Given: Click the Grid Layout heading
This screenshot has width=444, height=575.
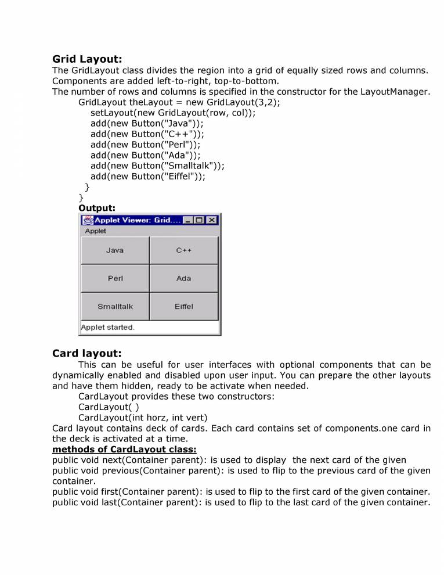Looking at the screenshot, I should point(87,59).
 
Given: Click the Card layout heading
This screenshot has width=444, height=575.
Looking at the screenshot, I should point(87,353).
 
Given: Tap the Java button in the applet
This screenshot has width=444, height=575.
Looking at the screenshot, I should point(115,250).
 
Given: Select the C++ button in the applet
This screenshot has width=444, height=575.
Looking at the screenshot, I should point(184,250).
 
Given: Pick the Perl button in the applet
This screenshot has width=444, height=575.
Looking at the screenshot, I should point(115,278).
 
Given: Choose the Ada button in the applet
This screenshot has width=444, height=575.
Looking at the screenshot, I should point(184,278).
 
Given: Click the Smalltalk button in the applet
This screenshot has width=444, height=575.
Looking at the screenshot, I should point(115,306).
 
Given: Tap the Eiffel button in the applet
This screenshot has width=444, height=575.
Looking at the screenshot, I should point(184,306).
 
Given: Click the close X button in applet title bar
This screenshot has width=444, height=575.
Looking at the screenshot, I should point(212,220).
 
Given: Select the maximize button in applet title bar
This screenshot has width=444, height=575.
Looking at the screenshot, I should point(200,220).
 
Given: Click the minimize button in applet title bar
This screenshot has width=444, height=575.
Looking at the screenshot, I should point(188,220).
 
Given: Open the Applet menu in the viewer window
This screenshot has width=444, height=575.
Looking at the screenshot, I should point(95,231).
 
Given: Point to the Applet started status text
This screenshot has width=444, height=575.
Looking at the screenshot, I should point(107,327).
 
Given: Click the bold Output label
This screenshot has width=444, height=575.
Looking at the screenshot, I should point(97,207).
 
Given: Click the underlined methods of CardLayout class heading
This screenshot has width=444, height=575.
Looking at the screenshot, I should point(124,450).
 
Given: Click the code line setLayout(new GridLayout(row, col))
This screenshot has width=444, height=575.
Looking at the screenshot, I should point(172,113).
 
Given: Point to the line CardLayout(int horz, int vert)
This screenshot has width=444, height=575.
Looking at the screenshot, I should point(143,417).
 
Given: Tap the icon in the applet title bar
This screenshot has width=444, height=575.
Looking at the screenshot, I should point(88,220).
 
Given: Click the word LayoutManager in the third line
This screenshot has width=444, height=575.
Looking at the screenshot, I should point(395,92).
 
